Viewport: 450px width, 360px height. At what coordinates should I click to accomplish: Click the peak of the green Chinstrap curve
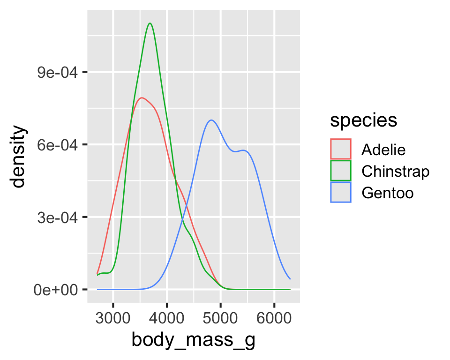tap(150, 23)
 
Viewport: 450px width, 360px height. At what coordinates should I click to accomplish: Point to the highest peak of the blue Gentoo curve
tap(211, 120)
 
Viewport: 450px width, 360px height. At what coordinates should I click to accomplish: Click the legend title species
tap(364, 120)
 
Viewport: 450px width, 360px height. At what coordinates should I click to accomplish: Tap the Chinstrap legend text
tap(395, 171)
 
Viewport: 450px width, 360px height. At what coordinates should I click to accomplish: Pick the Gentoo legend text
tap(387, 193)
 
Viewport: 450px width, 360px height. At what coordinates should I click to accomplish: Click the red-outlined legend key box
tap(341, 150)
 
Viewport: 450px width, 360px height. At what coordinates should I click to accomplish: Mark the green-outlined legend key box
tap(341, 171)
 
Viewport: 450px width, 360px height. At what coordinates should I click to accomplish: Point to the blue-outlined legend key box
tap(341, 193)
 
